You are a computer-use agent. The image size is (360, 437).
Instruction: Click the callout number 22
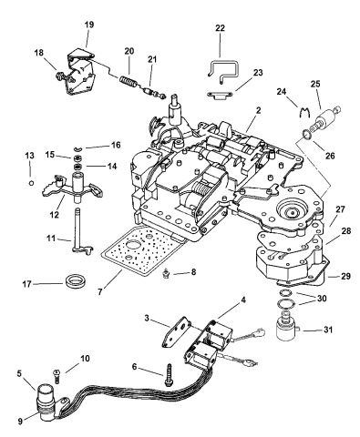(220, 28)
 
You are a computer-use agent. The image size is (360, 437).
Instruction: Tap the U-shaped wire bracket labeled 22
(223, 63)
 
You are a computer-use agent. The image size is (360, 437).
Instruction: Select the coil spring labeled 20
(127, 82)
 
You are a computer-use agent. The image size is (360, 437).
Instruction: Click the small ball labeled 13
(30, 183)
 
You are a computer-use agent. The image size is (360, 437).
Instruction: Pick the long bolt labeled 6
(169, 375)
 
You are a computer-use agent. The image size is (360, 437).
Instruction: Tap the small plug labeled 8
(166, 272)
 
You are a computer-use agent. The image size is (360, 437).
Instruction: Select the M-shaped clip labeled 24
(304, 112)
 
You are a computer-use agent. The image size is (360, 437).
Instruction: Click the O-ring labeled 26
(306, 135)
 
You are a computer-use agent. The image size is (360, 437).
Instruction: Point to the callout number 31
(327, 330)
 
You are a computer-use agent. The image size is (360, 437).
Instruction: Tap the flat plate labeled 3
(177, 331)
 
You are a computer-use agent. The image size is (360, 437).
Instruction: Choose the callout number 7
(100, 292)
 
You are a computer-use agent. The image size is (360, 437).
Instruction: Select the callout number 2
(258, 110)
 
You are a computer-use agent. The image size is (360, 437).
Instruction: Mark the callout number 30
(321, 299)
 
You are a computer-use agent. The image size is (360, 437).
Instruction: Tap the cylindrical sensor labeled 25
(324, 117)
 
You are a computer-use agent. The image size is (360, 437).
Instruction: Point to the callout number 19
(89, 25)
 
